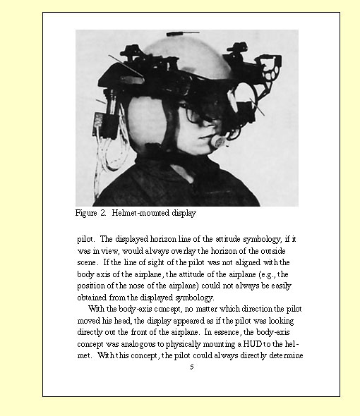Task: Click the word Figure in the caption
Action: point(87,212)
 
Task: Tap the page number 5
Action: point(191,367)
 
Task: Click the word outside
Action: point(277,250)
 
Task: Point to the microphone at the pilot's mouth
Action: point(217,142)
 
